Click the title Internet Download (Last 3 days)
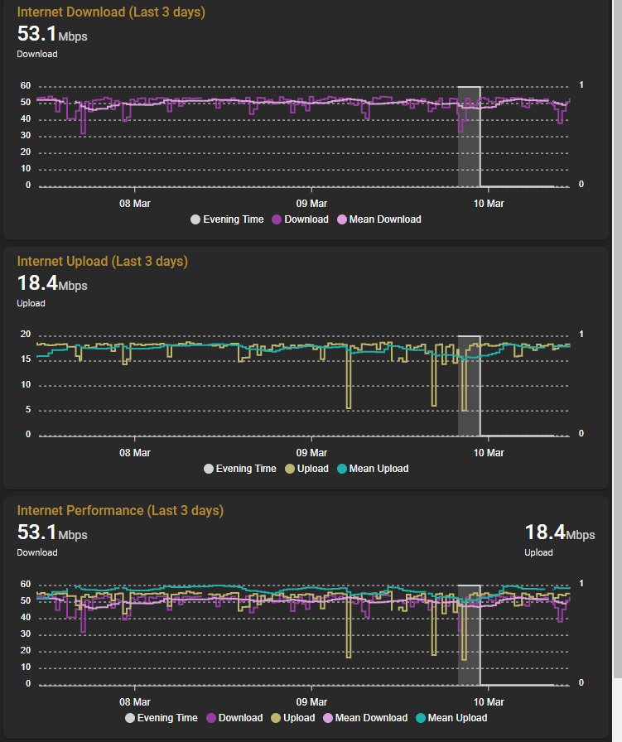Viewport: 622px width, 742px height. click(111, 12)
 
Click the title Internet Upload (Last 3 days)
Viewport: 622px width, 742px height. click(103, 262)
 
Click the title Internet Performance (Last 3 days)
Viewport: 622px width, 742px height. click(120, 511)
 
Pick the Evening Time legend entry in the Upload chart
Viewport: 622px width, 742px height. click(240, 469)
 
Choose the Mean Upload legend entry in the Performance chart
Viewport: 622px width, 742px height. click(451, 718)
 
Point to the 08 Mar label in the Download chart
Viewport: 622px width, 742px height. click(134, 203)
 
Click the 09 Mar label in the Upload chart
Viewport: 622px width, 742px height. click(311, 452)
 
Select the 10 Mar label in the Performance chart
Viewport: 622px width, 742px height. click(488, 701)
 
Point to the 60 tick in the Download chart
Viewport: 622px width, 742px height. click(26, 86)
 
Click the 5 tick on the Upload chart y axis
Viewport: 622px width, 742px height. click(28, 410)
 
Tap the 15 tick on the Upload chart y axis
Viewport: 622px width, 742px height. click(26, 359)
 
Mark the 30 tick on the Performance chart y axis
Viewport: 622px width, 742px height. click(26, 634)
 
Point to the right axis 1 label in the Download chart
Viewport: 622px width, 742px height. click(581, 85)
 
